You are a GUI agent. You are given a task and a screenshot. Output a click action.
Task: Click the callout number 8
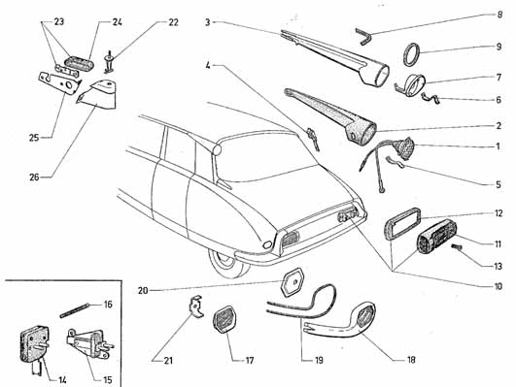click(x=499, y=15)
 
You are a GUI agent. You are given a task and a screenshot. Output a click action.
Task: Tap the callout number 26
click(x=35, y=177)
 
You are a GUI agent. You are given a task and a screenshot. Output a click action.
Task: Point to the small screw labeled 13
click(x=457, y=247)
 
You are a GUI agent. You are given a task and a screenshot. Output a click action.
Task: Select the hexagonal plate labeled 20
click(x=292, y=282)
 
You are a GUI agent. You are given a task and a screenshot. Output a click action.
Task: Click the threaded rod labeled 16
click(x=75, y=310)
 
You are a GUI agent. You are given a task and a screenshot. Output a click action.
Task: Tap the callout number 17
click(x=250, y=361)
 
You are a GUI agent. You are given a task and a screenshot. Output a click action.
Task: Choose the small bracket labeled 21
click(x=195, y=307)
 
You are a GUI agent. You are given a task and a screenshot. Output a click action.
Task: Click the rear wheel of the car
click(x=227, y=263)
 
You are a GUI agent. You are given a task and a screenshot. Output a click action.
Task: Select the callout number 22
click(x=173, y=22)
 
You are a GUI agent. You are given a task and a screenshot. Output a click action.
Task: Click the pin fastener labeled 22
click(x=109, y=62)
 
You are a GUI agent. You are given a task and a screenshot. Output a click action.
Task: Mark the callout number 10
click(x=499, y=286)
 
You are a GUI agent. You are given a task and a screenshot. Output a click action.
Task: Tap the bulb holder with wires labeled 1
click(x=403, y=149)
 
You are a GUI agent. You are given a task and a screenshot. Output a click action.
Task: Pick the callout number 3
click(x=207, y=22)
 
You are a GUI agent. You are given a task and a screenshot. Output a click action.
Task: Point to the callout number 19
click(x=319, y=360)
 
